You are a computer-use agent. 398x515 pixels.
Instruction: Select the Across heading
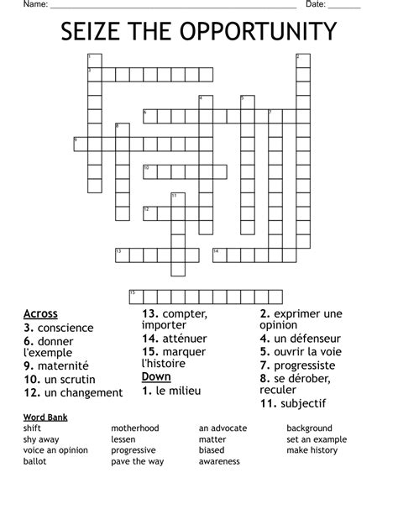41,314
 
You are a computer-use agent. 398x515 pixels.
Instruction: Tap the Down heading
156,377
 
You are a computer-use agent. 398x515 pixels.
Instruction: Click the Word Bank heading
45,418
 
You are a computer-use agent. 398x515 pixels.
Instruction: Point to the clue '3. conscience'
59,328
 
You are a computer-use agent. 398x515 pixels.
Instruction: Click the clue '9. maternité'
56,366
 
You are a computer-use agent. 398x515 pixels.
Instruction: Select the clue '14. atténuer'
175,338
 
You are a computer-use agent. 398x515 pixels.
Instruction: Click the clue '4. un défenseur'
300,339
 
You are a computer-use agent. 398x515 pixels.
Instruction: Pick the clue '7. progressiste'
297,365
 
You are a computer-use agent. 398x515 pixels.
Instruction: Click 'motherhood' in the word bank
134,428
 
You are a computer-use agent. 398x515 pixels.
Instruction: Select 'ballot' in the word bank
34,461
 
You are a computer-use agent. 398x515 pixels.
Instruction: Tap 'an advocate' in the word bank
223,428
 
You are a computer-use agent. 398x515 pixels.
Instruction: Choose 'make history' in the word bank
312,450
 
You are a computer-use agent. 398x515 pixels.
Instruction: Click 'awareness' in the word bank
219,461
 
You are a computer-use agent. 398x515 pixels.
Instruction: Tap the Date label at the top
316,4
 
